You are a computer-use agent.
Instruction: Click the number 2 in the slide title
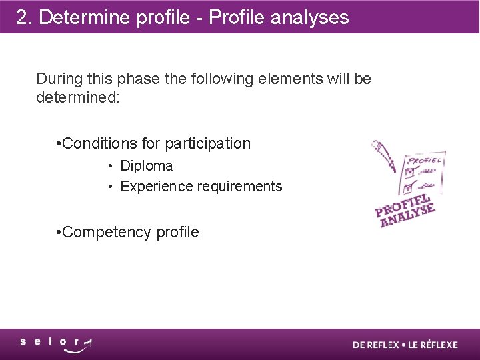click(x=22, y=17)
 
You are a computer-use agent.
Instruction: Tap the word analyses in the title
click(x=309, y=17)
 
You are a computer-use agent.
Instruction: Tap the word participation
click(x=207, y=143)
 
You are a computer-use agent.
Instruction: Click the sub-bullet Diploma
click(x=146, y=166)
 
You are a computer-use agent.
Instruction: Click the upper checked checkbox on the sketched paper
click(x=409, y=173)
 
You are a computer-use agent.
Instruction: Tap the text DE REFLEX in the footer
click(x=375, y=345)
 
